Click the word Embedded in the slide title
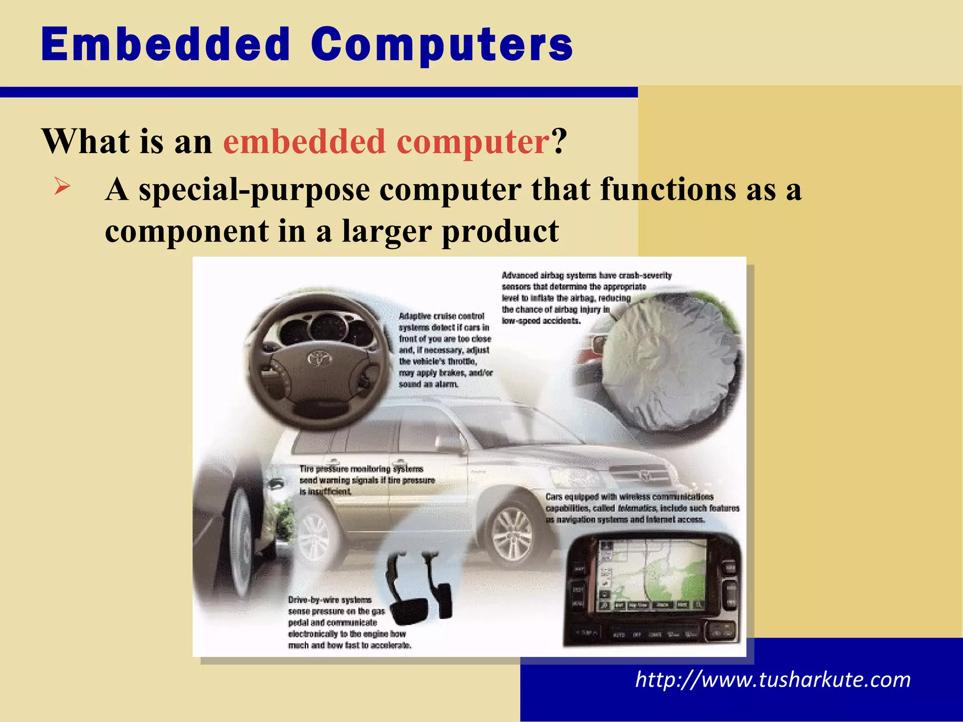166,44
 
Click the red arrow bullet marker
62,186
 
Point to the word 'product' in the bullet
500,231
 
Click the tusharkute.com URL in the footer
773,680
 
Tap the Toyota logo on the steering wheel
320,359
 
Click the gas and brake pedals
418,588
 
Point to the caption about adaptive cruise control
445,350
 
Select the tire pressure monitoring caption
367,480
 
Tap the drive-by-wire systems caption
348,622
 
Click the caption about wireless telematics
642,508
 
